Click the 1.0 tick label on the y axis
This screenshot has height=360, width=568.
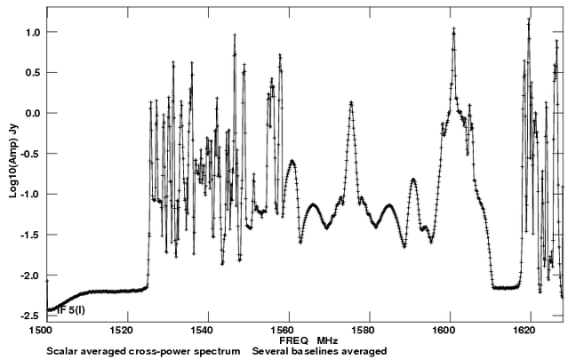(33, 32)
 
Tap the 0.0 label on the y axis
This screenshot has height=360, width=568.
(33, 113)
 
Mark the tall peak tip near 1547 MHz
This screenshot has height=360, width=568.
(235, 36)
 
